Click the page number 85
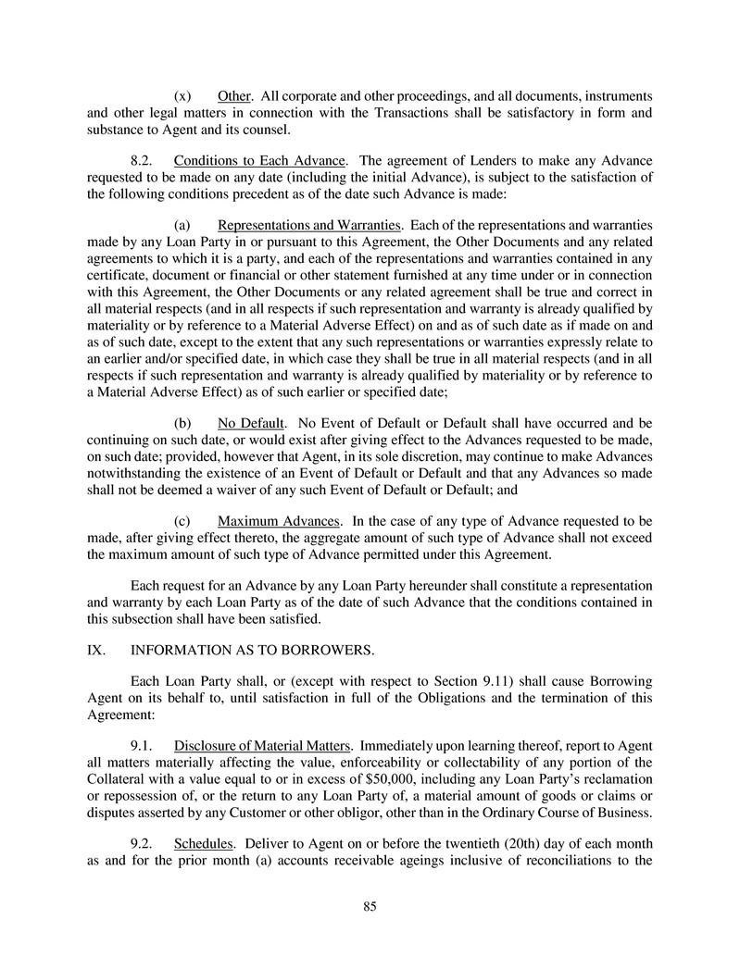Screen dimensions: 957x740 [x=370, y=907]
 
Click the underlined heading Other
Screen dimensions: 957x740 [x=234, y=96]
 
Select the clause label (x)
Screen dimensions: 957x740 [x=182, y=96]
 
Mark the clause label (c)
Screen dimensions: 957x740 [x=182, y=521]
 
